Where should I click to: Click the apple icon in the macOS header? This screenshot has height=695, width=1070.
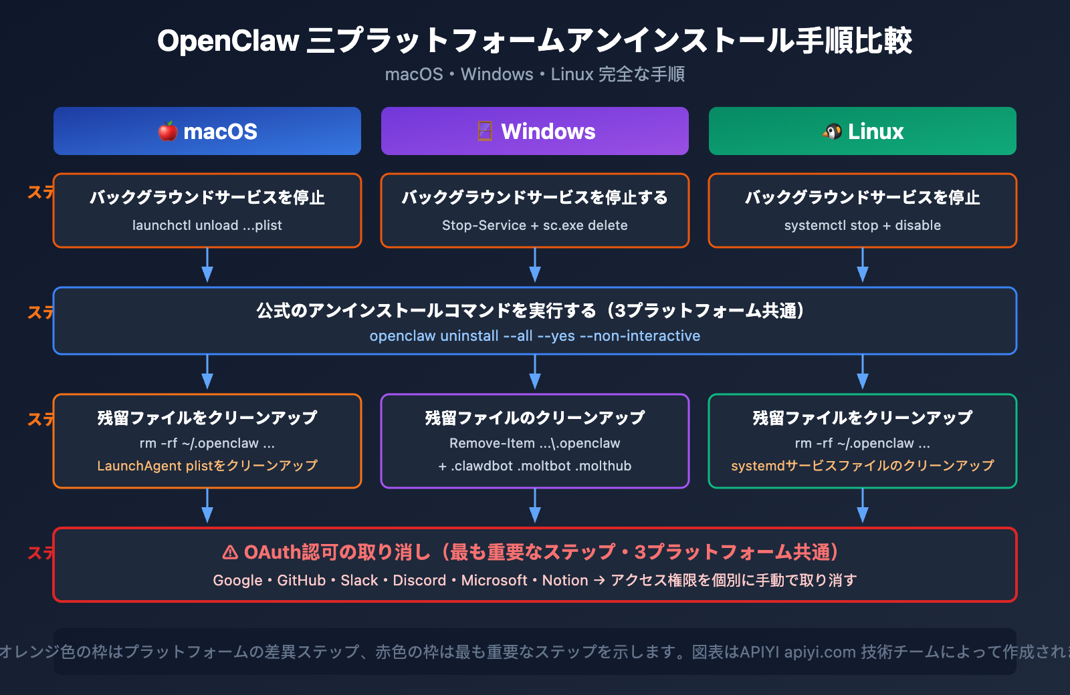pyautogui.click(x=168, y=131)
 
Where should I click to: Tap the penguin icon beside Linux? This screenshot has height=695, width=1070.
pyautogui.click(x=832, y=132)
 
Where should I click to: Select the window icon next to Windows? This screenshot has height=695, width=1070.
pyautogui.click(x=485, y=131)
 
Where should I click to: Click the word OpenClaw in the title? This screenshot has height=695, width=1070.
pyautogui.click(x=228, y=41)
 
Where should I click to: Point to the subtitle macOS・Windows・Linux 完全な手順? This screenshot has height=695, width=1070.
pyautogui.click(x=534, y=74)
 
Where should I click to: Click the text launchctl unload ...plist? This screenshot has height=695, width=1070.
pyautogui.click(x=207, y=225)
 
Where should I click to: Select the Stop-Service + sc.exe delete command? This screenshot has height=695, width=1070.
pyautogui.click(x=534, y=225)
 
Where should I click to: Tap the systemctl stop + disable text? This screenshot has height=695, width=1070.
pyautogui.click(x=862, y=225)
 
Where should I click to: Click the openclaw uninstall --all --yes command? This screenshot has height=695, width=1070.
pyautogui.click(x=534, y=335)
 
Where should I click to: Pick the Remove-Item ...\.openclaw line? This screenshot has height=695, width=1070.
pyautogui.click(x=534, y=443)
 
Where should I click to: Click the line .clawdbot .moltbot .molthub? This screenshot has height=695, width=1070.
pyautogui.click(x=534, y=466)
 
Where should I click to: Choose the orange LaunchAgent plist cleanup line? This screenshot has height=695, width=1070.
pyautogui.click(x=207, y=465)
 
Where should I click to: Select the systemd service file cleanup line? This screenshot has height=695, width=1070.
pyautogui.click(x=862, y=465)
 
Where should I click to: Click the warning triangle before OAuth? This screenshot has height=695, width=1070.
pyautogui.click(x=230, y=552)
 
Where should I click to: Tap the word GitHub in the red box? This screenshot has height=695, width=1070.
pyautogui.click(x=301, y=580)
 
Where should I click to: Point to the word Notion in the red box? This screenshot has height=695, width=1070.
pyautogui.click(x=564, y=580)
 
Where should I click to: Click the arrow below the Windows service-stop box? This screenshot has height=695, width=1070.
pyautogui.click(x=534, y=266)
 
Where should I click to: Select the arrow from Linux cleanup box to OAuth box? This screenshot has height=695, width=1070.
pyautogui.click(x=862, y=507)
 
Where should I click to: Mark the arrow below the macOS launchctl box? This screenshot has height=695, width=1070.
pyautogui.click(x=207, y=266)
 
